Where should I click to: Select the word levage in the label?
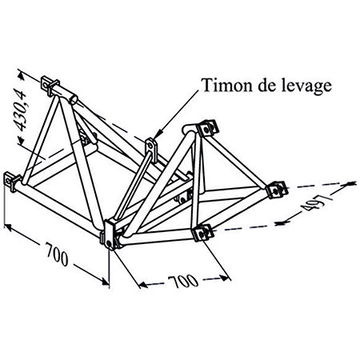(x=306, y=86)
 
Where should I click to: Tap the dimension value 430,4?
(x=21, y=111)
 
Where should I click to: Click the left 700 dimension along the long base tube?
(x=57, y=254)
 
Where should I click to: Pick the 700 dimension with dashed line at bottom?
(x=183, y=282)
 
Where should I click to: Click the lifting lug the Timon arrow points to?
(x=152, y=149)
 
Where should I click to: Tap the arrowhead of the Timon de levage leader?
(x=158, y=134)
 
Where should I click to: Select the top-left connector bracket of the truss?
(x=50, y=85)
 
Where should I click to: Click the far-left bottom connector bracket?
(x=12, y=182)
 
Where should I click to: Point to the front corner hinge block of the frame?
(x=110, y=234)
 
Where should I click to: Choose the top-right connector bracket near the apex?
(x=207, y=129)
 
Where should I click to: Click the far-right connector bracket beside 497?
(x=277, y=190)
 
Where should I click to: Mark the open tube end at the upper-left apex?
(x=73, y=100)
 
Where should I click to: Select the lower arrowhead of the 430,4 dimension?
(x=21, y=140)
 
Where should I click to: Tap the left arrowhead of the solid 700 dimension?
(x=9, y=227)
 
